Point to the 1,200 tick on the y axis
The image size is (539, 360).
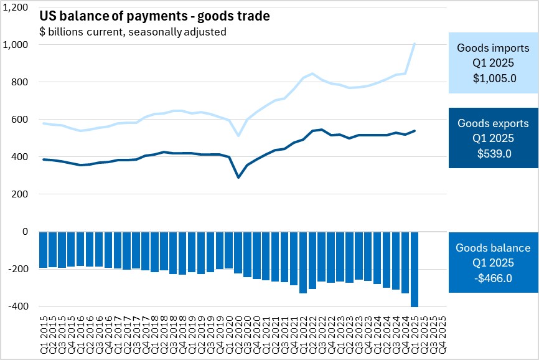(17, 7)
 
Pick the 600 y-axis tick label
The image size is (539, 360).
(21, 120)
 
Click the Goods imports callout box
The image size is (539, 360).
(492, 62)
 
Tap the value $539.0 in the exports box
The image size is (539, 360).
(492, 154)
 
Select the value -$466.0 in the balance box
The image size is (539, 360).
(492, 278)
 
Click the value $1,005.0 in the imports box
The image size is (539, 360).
(492, 78)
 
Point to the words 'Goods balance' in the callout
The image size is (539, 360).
(492, 248)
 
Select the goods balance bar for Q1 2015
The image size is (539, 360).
(44, 250)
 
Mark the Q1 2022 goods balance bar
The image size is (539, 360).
(303, 262)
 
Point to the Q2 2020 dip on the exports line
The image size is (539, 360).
(238, 178)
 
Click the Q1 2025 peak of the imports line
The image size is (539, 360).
(415, 44)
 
